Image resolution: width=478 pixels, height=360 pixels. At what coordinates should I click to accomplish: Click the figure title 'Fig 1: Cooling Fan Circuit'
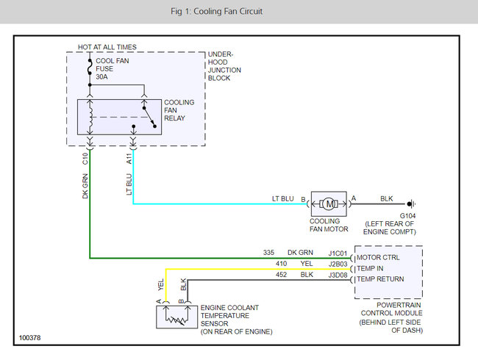[216, 12]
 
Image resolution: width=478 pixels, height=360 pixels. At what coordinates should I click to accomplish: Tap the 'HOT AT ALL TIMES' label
[107, 47]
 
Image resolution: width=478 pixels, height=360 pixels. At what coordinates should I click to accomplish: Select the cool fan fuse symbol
[90, 67]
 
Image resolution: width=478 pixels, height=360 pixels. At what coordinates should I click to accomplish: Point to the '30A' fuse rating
[101, 76]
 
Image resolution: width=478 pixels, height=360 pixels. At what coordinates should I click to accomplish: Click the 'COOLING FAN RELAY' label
[179, 110]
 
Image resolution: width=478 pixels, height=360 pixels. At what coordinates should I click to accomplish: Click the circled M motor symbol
[329, 204]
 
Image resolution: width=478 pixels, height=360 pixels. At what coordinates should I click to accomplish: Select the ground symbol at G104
[411, 204]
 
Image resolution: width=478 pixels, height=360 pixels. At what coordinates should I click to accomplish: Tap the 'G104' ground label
[407, 216]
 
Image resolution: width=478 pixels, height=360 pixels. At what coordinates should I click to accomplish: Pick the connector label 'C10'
[85, 159]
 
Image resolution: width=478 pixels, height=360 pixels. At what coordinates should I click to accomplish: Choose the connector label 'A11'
[129, 159]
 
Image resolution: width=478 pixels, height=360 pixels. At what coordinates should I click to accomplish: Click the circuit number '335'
[268, 253]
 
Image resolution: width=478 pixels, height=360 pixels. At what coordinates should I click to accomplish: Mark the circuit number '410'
[281, 264]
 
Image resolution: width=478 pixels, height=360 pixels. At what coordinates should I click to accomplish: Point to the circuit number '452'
[281, 275]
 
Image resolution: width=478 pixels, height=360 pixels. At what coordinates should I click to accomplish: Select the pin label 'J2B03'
[338, 264]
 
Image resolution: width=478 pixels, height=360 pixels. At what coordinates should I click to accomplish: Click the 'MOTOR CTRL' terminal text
[378, 258]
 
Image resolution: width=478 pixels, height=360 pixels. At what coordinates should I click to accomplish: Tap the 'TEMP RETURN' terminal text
[380, 279]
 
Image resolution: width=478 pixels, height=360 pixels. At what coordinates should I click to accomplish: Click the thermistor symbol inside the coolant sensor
[176, 320]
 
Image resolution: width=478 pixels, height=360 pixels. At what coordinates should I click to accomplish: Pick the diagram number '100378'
[29, 338]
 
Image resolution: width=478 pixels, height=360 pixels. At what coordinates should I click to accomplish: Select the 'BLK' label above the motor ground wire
[387, 199]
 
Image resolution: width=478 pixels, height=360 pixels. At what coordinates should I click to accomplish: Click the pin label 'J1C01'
[338, 253]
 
